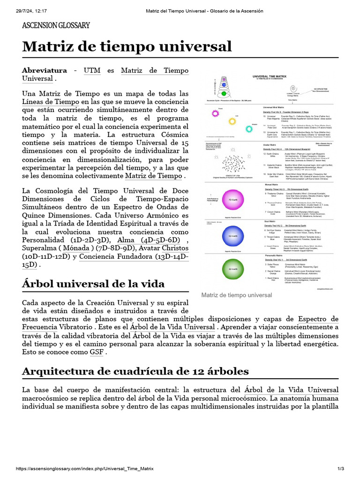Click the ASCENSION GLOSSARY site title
(56, 25)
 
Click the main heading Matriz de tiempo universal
(127, 46)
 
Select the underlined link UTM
(92, 70)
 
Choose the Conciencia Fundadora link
(114, 257)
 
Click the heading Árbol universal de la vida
(93, 284)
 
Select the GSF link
(97, 352)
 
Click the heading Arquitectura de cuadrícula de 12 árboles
(135, 371)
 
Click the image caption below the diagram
(236, 295)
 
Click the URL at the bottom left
(84, 469)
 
